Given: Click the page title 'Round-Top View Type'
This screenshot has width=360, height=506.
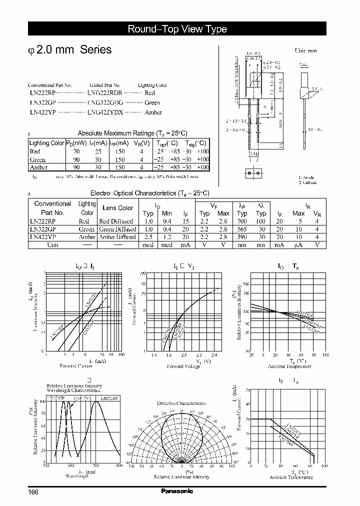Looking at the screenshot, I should coord(177,29).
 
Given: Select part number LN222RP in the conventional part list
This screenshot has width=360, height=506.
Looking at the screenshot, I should coord(42,93).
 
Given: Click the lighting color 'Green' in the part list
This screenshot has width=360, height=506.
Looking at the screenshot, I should coord(152,102).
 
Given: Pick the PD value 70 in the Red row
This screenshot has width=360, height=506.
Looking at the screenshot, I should coord(76,151).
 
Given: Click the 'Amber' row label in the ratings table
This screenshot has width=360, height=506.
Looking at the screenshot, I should coord(39,167).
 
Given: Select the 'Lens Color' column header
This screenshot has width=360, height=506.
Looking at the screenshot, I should coord(117,208).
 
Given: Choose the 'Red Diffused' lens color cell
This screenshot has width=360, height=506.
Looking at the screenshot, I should coord(116,221).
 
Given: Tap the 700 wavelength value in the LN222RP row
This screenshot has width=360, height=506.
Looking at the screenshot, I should coord(242,221).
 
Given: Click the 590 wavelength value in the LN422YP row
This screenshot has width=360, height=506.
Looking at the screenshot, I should coord(242,237).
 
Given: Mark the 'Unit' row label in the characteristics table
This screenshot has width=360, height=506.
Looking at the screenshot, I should coord(52,245).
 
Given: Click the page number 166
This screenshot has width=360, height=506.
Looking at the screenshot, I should coord(33,492).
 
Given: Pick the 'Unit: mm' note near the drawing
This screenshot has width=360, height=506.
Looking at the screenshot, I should coord(305,51).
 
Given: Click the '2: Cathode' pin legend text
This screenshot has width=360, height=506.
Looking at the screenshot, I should coord(308,182).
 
